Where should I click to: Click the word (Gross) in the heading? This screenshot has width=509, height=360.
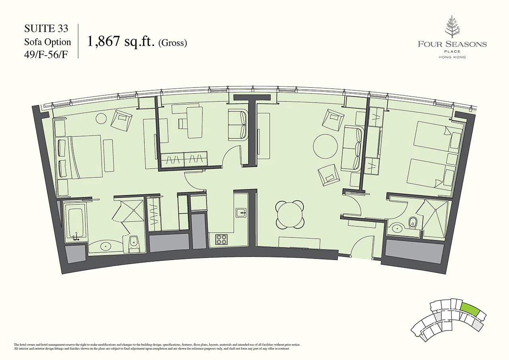(x=173, y=43)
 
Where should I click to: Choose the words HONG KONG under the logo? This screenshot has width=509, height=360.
(x=452, y=57)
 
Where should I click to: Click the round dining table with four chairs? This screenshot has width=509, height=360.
(x=290, y=215)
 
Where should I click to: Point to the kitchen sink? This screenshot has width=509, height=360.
(x=241, y=213)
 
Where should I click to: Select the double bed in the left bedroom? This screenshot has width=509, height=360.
(x=85, y=156)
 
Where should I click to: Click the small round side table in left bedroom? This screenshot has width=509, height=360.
(x=101, y=118)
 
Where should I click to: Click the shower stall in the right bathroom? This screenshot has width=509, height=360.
(x=436, y=215)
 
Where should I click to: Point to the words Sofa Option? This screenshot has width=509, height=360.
(x=48, y=42)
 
